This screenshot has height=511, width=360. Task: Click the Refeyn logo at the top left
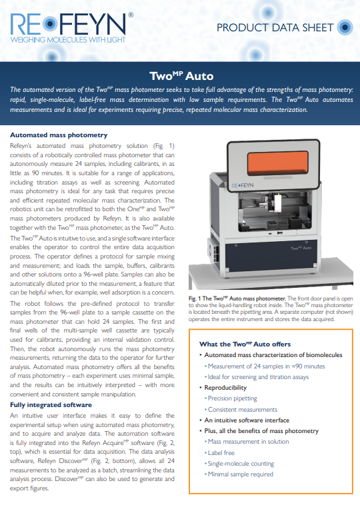point(71,28)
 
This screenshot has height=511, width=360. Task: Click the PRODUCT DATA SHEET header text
point(275,28)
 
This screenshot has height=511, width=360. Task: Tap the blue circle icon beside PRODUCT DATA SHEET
point(345,27)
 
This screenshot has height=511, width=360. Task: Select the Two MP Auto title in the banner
point(181,76)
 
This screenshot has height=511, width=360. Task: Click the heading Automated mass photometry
point(59,135)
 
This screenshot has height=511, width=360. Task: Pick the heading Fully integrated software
point(51,405)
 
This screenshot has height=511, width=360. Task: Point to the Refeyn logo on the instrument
point(242,185)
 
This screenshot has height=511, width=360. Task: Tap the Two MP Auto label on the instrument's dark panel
point(301,248)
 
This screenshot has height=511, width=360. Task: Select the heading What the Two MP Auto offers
point(245,344)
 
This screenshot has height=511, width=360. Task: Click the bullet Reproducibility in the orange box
point(225,388)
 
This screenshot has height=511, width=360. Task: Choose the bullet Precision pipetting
point(233,398)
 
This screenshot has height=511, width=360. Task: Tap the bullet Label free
point(221,452)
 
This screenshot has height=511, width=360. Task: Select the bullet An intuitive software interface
point(247,420)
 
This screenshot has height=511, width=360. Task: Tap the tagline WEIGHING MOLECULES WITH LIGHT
point(68,40)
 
